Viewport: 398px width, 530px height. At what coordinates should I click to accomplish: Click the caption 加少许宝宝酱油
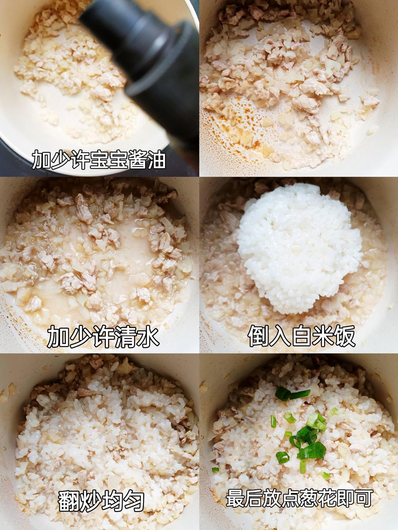pos(99,159)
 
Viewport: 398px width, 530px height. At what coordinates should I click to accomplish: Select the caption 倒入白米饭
pos(301,336)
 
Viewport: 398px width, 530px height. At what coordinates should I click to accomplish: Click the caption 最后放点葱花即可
pos(298,498)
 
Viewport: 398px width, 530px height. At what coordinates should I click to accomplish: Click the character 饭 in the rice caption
pos(344,336)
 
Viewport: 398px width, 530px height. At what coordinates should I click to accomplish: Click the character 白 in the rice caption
pos(301,336)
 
